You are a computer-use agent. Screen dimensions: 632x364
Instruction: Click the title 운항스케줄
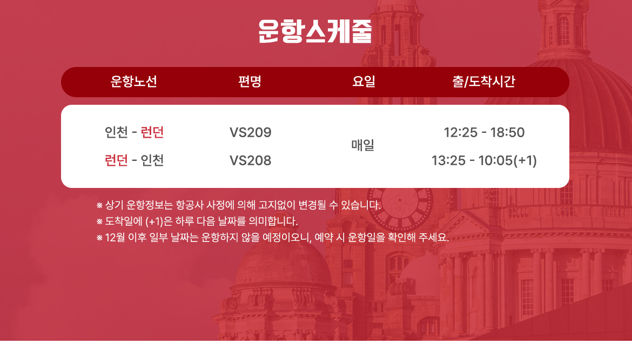click(x=315, y=31)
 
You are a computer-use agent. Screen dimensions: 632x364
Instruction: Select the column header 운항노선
click(x=133, y=82)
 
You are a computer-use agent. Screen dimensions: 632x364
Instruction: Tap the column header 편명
click(x=250, y=82)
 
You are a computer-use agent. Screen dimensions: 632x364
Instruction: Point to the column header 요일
click(x=364, y=82)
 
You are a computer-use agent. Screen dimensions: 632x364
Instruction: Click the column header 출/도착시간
click(x=483, y=82)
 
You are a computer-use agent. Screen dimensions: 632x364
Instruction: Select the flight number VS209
click(x=250, y=132)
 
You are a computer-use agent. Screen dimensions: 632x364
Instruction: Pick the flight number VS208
click(x=250, y=160)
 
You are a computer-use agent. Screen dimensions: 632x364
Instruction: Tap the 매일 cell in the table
click(x=363, y=145)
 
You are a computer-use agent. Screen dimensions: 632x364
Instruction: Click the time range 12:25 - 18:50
click(x=484, y=132)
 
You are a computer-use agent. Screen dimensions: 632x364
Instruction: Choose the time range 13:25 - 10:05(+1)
click(x=484, y=160)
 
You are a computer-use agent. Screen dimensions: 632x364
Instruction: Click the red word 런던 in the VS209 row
click(x=152, y=132)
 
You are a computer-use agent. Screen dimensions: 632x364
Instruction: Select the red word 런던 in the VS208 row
click(x=116, y=160)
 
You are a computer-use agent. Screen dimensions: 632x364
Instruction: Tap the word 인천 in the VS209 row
click(x=116, y=132)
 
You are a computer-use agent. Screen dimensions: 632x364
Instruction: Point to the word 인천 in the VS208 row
click(x=152, y=160)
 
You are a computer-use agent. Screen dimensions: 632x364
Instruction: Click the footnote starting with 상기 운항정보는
click(x=239, y=205)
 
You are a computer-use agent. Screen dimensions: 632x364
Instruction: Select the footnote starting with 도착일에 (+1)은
click(x=197, y=221)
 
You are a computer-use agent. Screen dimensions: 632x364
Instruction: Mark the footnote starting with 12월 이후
click(x=273, y=238)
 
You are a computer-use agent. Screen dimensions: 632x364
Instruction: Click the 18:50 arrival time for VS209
click(x=507, y=132)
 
